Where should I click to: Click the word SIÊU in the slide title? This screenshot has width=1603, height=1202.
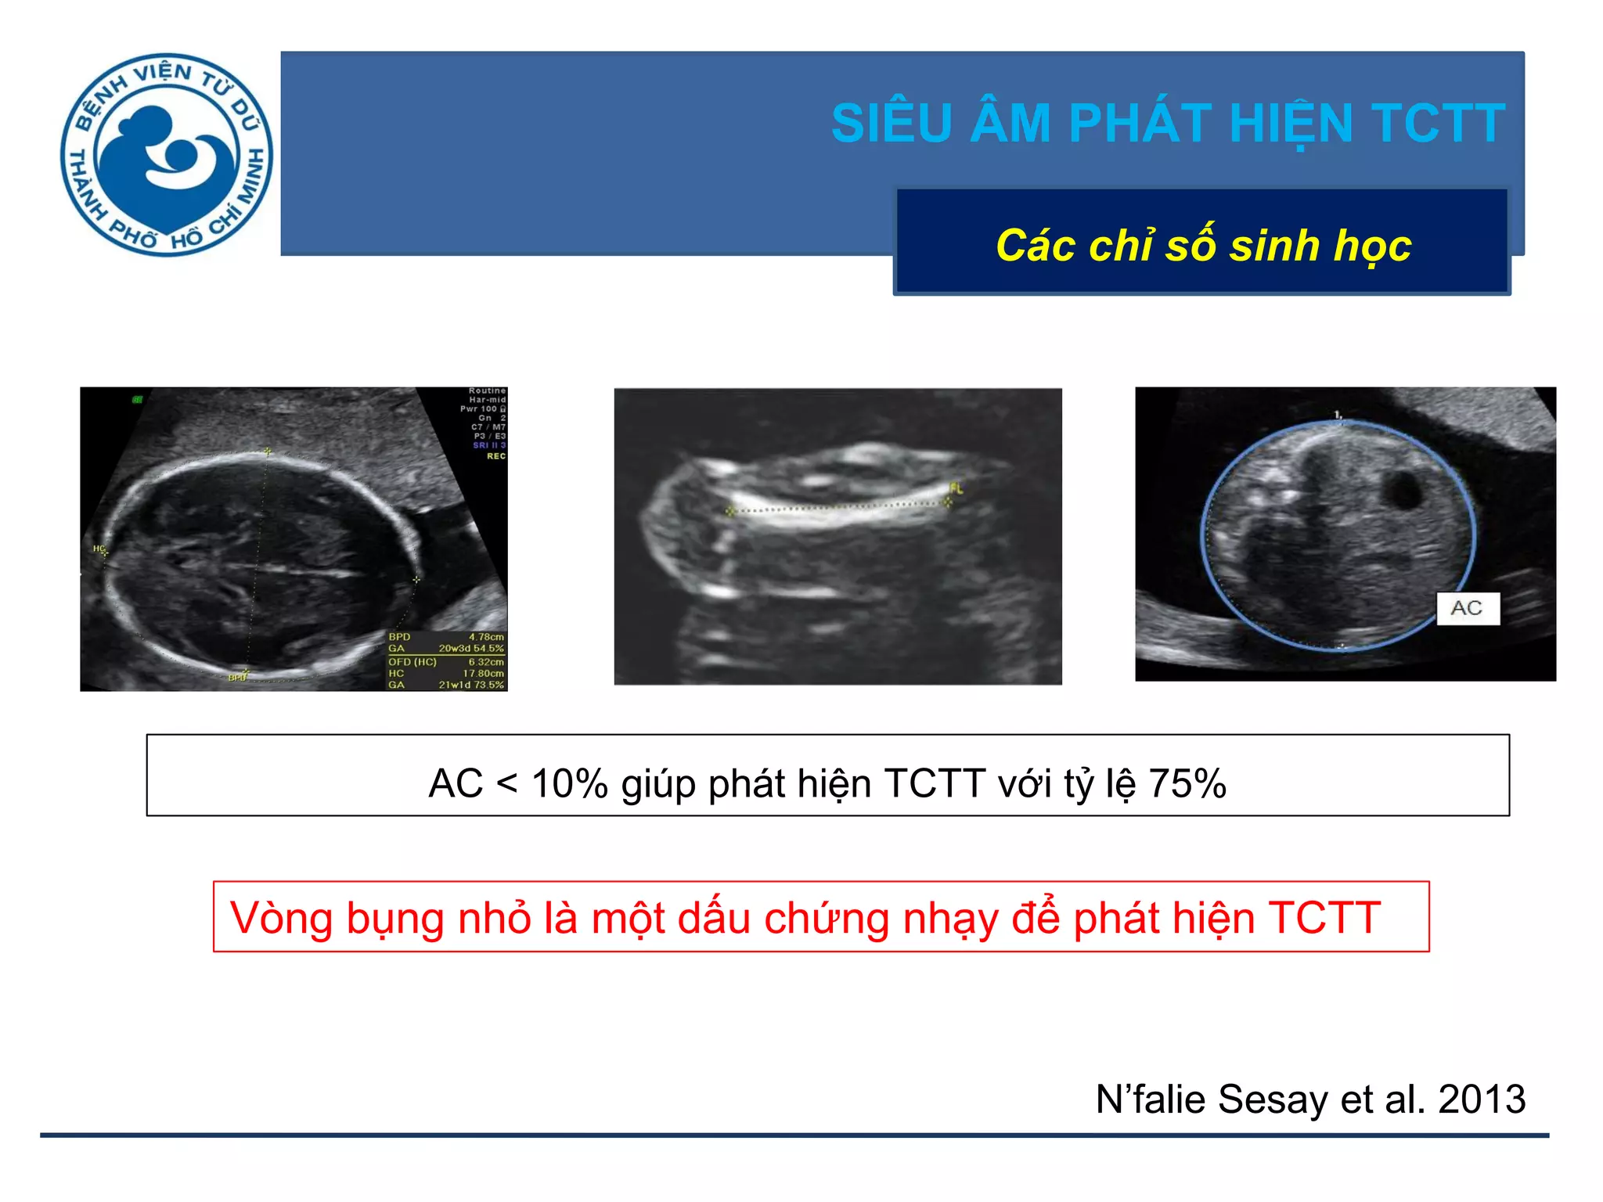(892, 124)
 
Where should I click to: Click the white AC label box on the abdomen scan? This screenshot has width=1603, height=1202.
(1468, 608)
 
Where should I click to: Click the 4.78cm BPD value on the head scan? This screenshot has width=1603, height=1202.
(486, 637)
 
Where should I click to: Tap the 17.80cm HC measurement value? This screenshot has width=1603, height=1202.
(483, 673)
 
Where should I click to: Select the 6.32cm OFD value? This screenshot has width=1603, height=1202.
(486, 662)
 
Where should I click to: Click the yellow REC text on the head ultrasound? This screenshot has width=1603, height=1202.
(496, 456)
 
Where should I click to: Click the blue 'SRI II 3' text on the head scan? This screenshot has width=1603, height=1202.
(489, 445)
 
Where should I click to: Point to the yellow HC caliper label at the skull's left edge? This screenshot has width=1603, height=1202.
(99, 549)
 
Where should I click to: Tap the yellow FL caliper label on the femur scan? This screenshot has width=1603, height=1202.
(956, 488)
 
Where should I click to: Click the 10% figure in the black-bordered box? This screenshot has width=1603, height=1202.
(569, 783)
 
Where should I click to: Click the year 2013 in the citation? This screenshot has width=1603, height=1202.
(1482, 1099)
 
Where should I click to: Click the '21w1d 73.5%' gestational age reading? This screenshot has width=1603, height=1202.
(470, 685)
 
